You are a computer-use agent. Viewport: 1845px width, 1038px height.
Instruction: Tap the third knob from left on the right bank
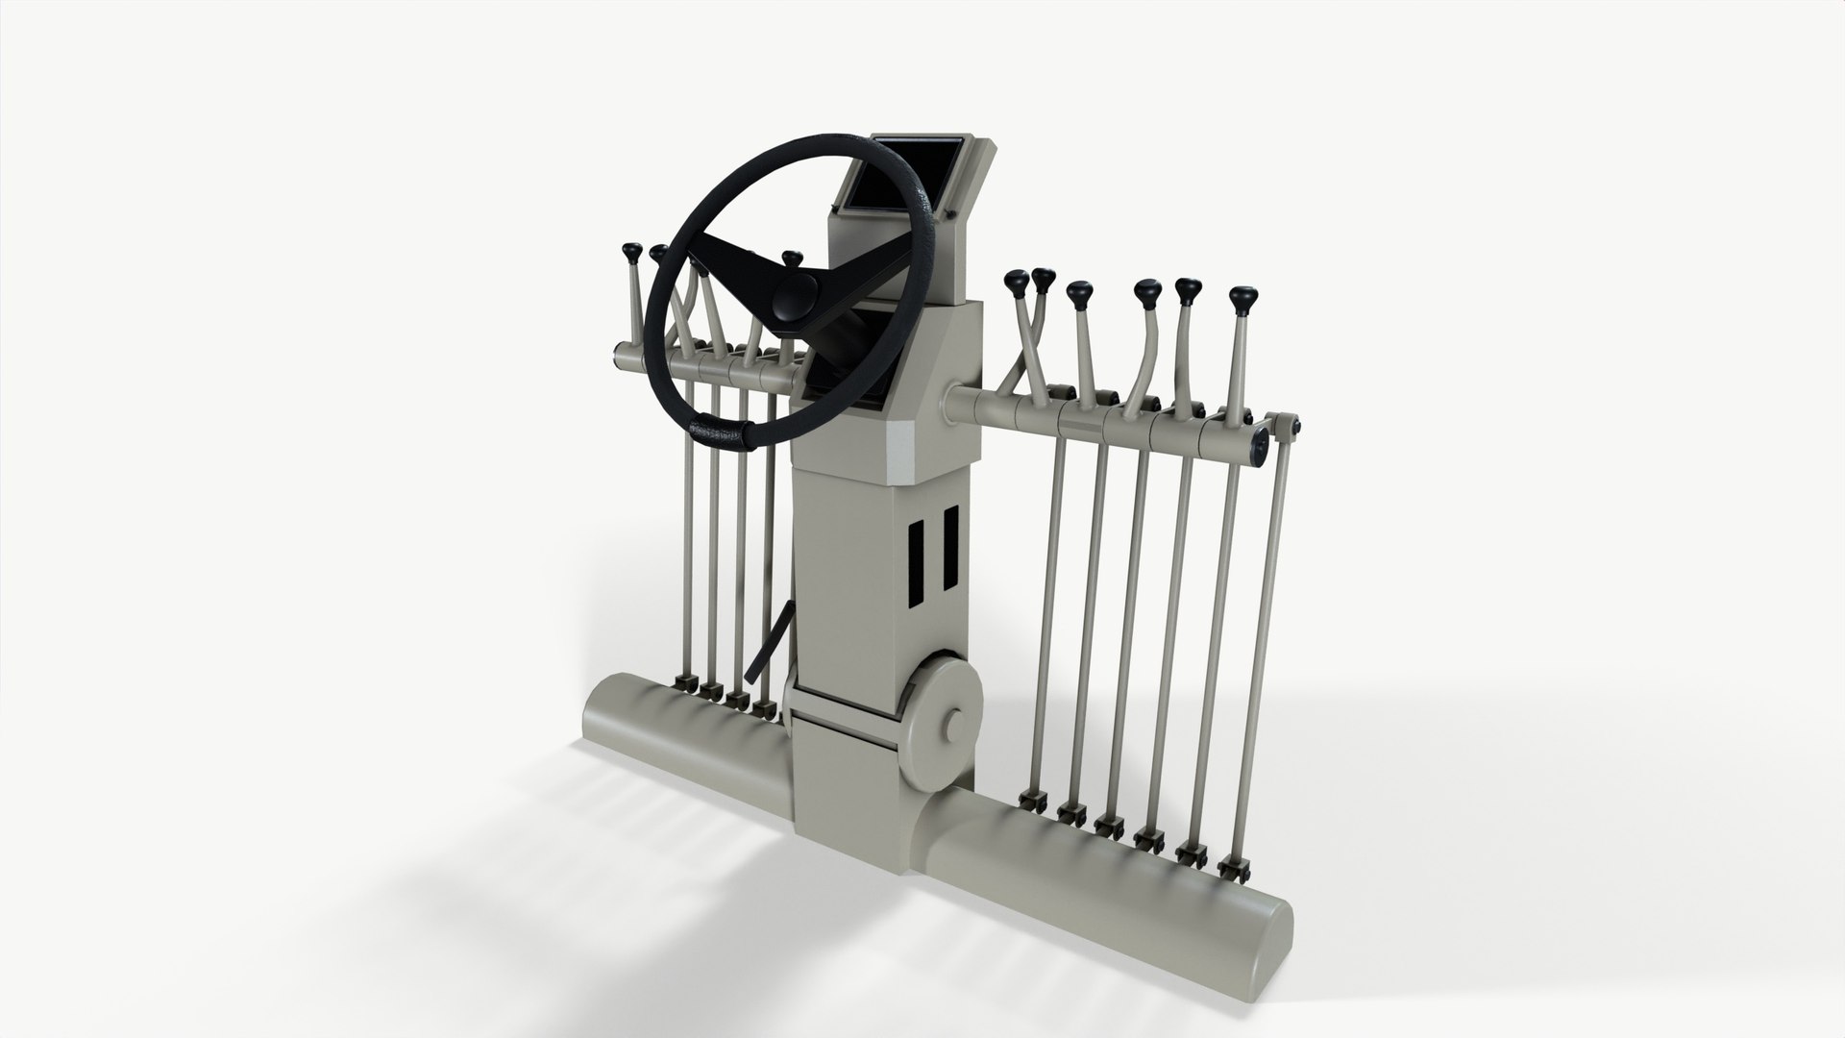1079,290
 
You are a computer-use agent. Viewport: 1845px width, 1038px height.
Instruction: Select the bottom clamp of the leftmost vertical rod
684,683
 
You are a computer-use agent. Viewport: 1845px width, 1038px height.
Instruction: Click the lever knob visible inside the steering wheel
791,259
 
